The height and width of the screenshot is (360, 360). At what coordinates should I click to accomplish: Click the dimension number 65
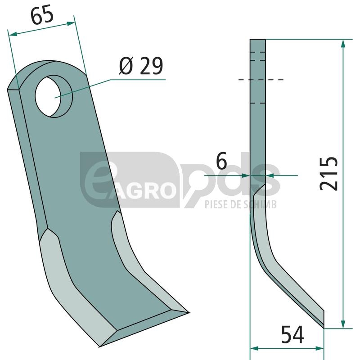(x=42, y=16)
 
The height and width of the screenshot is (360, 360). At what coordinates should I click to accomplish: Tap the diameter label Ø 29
(x=141, y=66)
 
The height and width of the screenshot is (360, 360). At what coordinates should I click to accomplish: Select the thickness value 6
(x=221, y=161)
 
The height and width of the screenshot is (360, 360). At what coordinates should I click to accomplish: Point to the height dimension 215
(x=329, y=174)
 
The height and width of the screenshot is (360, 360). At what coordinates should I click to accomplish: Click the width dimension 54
(x=292, y=334)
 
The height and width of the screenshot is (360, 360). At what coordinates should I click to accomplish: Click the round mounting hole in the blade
(x=54, y=96)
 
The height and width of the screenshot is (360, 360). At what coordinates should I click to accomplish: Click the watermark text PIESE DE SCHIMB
(x=241, y=204)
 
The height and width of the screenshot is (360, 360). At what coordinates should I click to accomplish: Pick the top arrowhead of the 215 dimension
(x=343, y=43)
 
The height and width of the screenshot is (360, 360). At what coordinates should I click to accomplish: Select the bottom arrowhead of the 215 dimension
(x=343, y=324)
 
